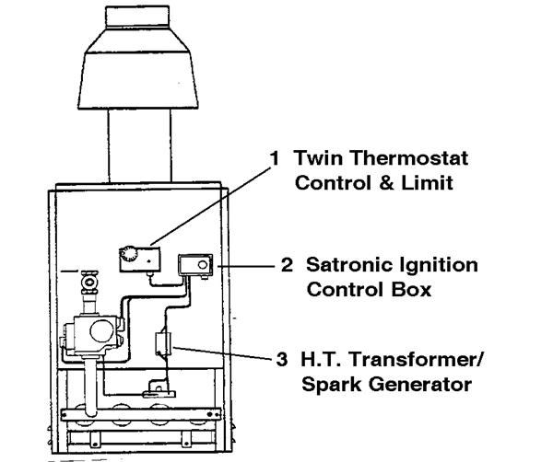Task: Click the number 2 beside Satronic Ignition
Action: click(x=287, y=266)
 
